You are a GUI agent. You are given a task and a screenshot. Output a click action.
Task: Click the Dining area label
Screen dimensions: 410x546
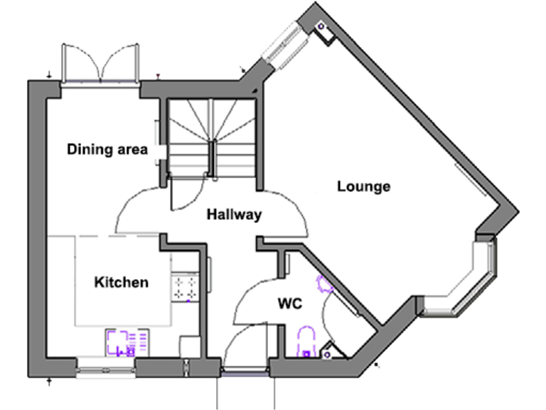[107, 149]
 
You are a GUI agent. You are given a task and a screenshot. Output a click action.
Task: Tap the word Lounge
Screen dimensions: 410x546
[363, 187]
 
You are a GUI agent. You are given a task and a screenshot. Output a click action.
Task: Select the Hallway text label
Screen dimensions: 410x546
[235, 214]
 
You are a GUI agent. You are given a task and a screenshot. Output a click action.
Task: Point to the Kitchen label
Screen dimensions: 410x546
[122, 283]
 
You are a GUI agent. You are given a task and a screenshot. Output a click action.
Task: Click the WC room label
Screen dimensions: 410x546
[290, 305]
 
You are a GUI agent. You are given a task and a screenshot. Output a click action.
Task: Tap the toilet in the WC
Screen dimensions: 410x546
[306, 340]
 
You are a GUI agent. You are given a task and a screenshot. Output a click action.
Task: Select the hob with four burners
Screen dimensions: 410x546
[186, 288]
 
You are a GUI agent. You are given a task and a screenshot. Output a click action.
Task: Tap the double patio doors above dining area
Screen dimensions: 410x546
[100, 63]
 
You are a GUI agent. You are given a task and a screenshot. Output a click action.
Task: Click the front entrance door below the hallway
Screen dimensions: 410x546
[246, 356]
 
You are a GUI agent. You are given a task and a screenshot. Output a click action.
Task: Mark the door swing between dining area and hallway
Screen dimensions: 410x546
[140, 209]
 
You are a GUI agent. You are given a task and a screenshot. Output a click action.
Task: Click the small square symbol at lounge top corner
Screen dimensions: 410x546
[321, 29]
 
